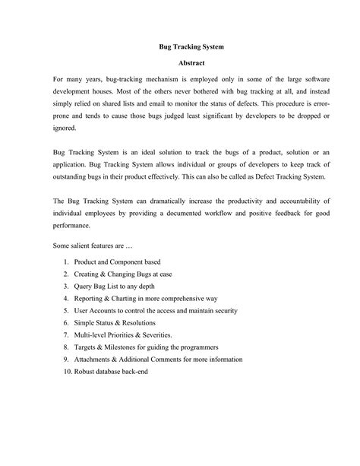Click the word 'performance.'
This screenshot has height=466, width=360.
pyautogui.click(x=71, y=226)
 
